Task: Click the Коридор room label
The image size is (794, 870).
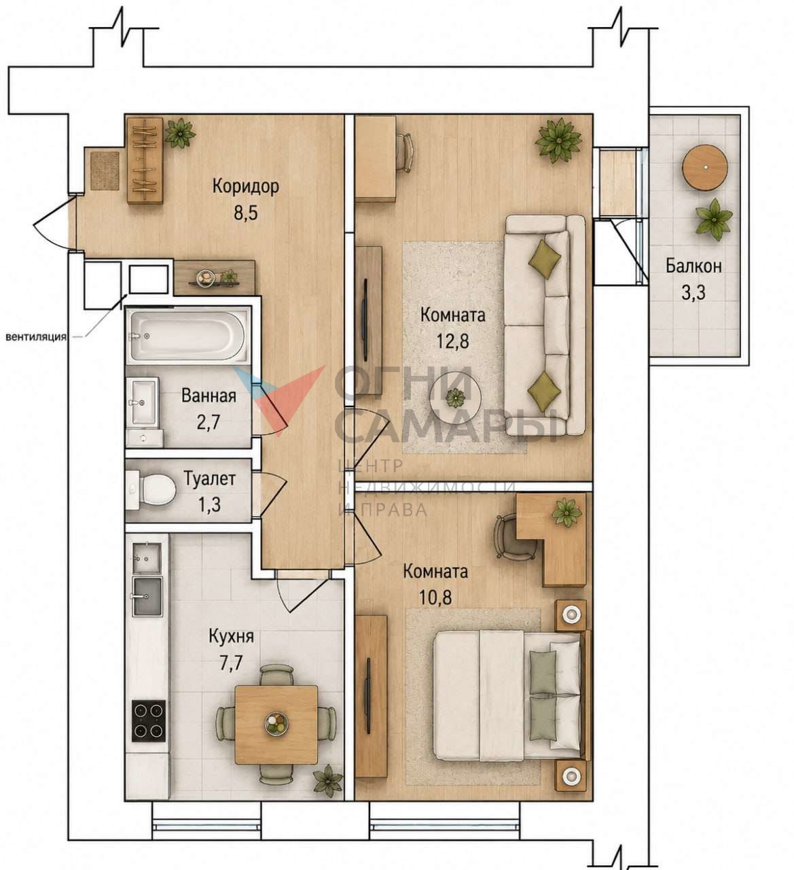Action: [x=245, y=186]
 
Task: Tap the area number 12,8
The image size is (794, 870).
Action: [x=452, y=341]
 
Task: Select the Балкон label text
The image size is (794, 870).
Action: [x=693, y=266]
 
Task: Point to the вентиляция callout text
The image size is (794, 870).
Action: [x=37, y=337]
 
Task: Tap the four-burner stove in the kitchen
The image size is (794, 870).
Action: [x=149, y=720]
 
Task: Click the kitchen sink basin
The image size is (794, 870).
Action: [x=147, y=595]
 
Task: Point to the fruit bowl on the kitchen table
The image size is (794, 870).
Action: [x=276, y=723]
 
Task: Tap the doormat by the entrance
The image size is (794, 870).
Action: [x=105, y=170]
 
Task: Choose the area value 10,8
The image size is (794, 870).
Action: [x=435, y=596]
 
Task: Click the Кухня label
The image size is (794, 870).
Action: [x=231, y=636]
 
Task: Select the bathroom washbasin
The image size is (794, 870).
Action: [x=143, y=401]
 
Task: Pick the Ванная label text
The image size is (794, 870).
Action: [x=209, y=396]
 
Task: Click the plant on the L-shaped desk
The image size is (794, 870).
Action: [x=566, y=512]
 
